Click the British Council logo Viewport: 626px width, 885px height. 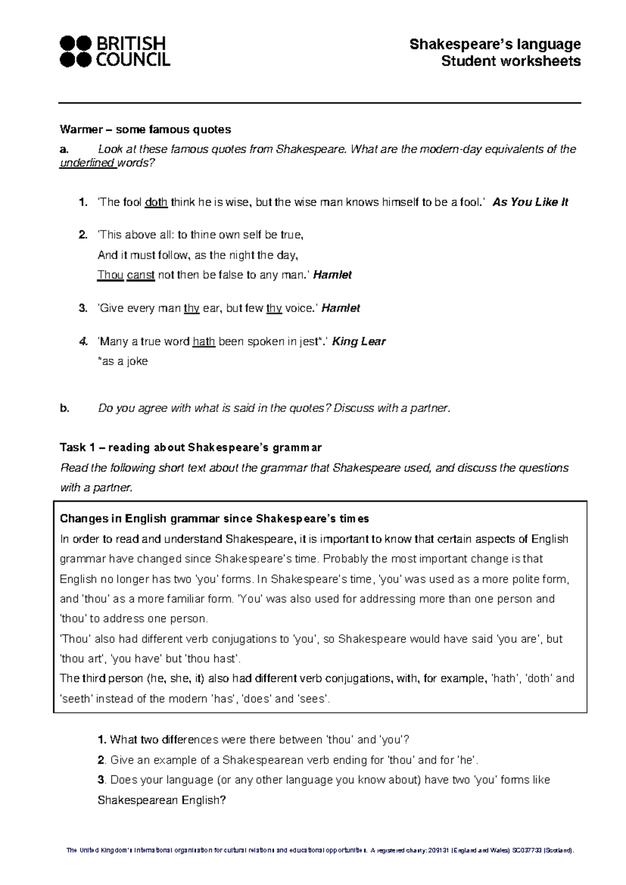115,51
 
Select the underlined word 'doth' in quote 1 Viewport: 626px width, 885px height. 156,202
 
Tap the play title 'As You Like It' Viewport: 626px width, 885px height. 530,202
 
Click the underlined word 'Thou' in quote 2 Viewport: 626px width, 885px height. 110,275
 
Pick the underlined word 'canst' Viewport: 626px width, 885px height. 140,275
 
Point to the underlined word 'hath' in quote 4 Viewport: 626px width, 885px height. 204,342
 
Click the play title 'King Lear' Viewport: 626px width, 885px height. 359,342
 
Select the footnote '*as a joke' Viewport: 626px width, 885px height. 123,361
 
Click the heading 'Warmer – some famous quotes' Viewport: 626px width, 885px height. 146,129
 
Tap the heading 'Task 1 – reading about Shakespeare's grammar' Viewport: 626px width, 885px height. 191,448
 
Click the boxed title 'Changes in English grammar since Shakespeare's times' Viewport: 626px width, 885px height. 214,519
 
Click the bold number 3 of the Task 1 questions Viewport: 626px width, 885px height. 101,780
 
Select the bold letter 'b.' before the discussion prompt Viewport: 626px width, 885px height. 64,409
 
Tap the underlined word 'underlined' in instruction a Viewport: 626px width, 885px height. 87,163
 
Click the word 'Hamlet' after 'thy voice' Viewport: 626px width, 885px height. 341,308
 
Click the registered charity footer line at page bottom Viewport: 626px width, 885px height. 320,851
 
